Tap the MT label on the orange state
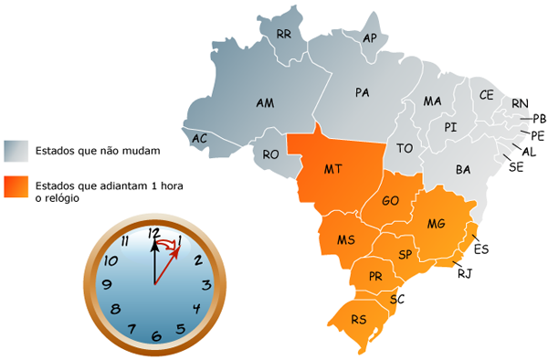point(333,169)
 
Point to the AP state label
point(371,38)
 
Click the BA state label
point(463,170)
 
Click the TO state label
point(405,148)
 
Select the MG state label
point(437,224)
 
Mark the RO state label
point(270,155)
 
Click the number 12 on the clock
point(153,232)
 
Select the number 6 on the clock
point(156,335)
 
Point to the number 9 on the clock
point(107,285)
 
